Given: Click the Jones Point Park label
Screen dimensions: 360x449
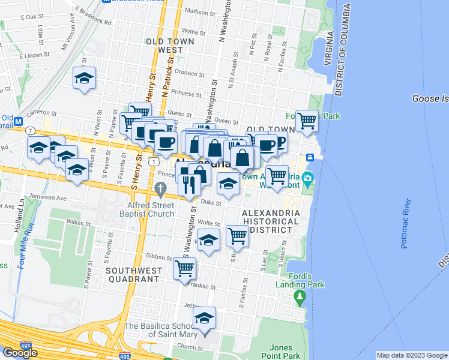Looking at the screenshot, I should point(281,352).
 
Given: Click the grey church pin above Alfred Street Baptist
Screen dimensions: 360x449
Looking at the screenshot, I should point(160,190).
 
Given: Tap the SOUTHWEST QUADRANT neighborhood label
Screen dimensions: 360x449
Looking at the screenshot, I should point(134,275).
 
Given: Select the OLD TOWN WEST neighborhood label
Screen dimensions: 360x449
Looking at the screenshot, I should point(164,46).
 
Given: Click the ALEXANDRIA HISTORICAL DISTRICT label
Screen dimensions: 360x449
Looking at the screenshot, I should point(270,221).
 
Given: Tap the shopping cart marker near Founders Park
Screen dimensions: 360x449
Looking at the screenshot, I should point(307,121).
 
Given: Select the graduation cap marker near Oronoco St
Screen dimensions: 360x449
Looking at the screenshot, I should point(85,78).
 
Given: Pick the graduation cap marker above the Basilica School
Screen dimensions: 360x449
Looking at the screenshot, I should point(204,318).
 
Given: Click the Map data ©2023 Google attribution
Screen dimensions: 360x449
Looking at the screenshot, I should point(412,355).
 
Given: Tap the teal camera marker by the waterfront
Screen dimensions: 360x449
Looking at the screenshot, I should point(307,178).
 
